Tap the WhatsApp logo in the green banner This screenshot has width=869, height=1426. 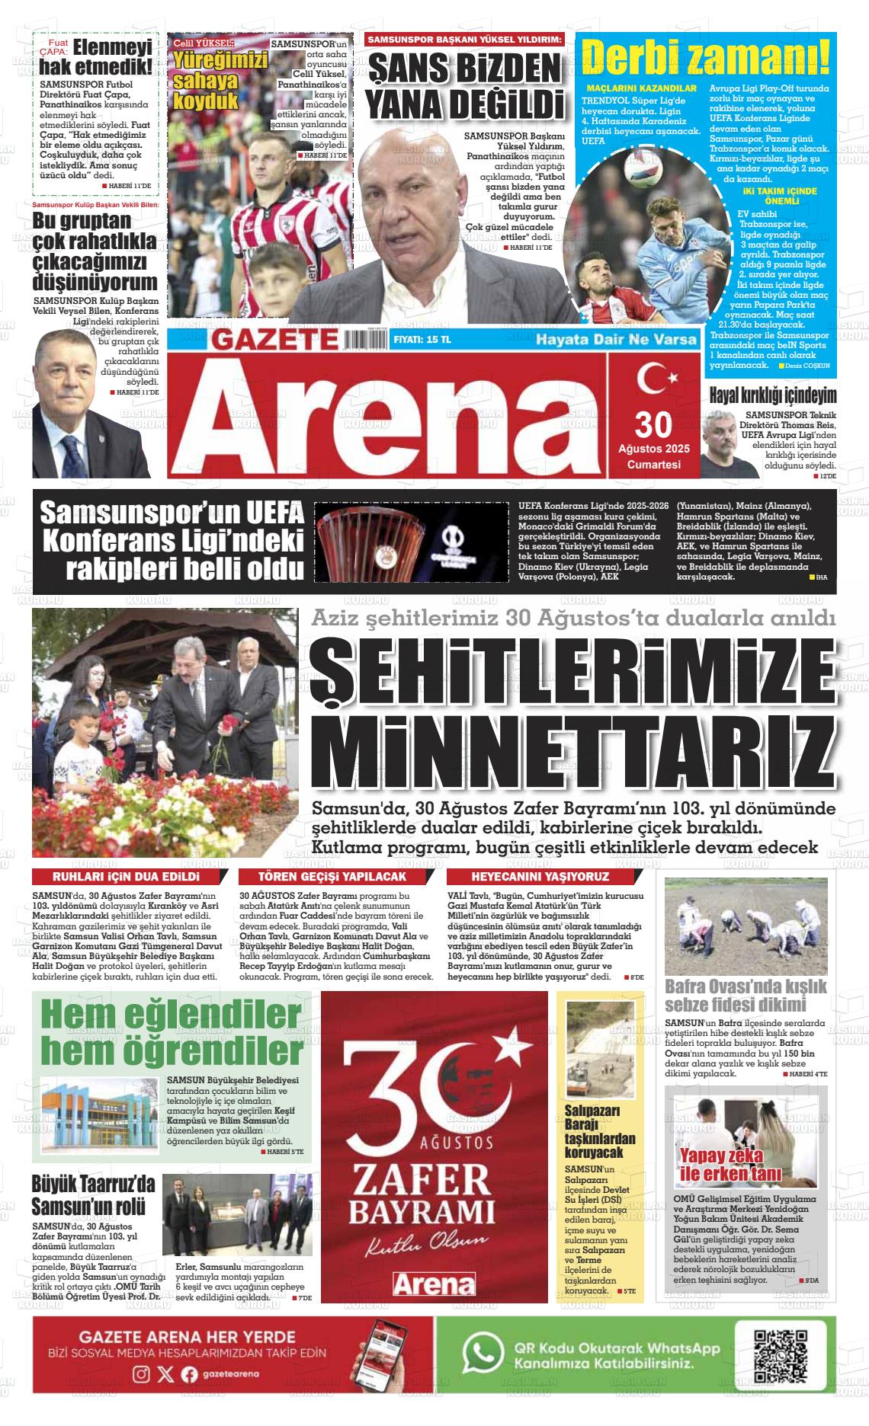[x=483, y=1353]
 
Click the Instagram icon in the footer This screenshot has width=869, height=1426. [x=141, y=1374]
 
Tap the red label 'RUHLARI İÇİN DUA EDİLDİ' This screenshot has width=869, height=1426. [x=120, y=877]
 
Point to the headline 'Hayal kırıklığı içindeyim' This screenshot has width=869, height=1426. [x=773, y=396]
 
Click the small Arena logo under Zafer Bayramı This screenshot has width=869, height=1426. [x=434, y=1284]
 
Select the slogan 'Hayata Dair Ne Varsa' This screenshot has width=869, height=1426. [x=616, y=339]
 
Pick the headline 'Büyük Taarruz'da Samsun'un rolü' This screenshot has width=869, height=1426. [x=93, y=1195]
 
